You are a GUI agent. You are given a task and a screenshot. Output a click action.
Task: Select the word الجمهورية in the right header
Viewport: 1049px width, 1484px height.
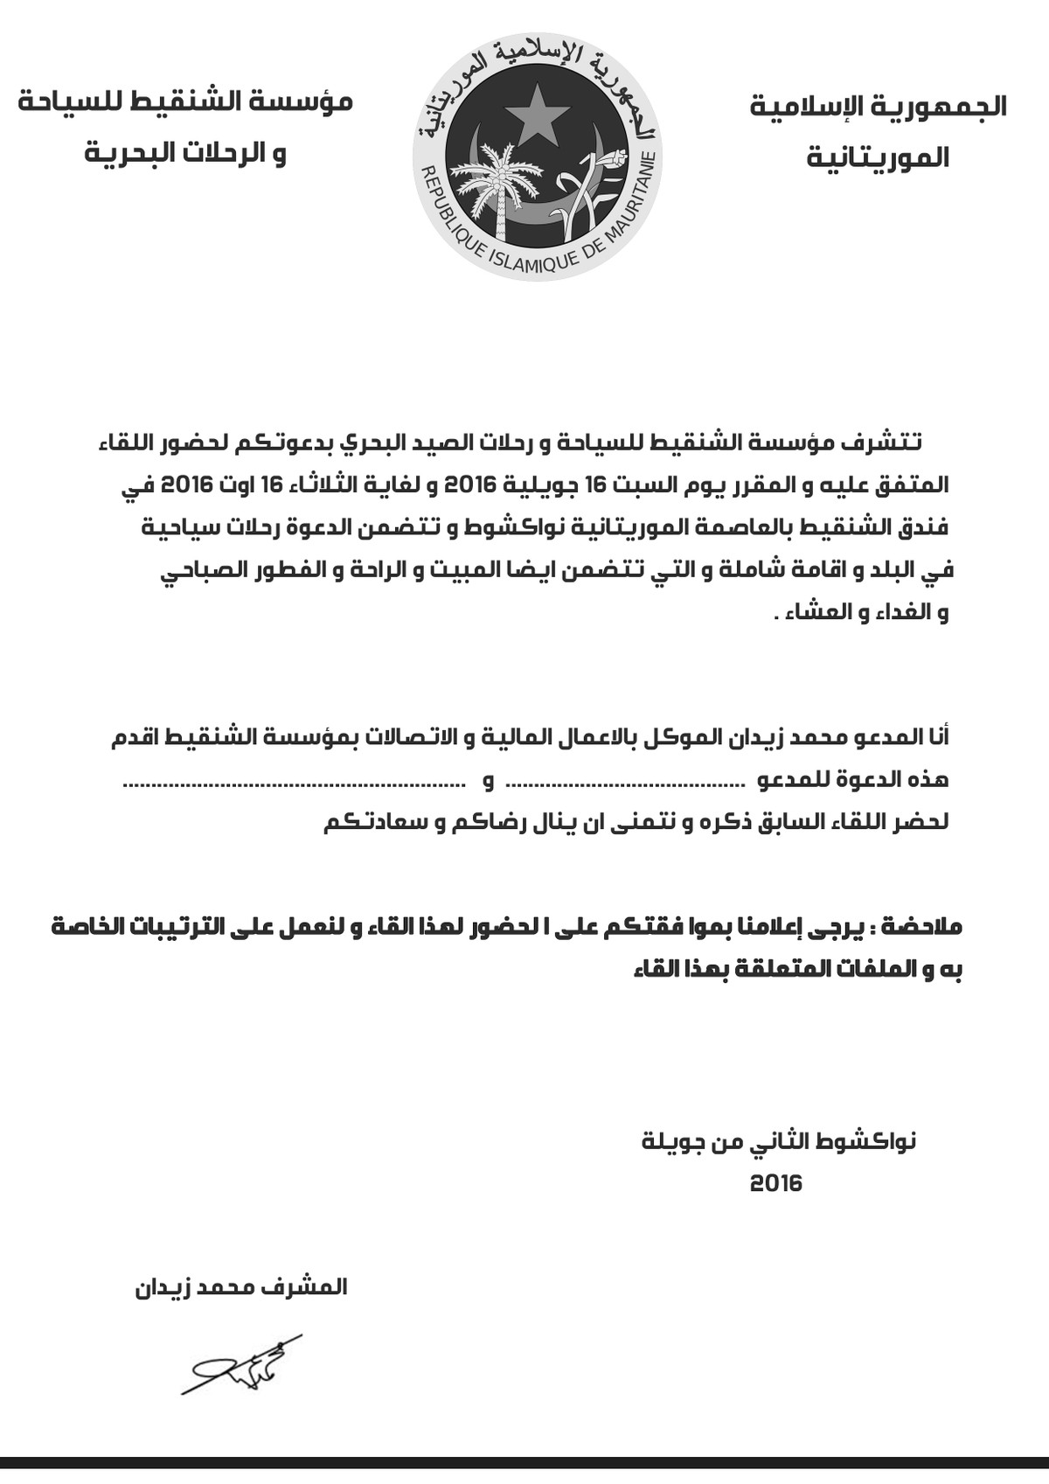[x=956, y=107]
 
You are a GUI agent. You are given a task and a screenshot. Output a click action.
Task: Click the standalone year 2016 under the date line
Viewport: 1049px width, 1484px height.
[x=775, y=1184]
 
